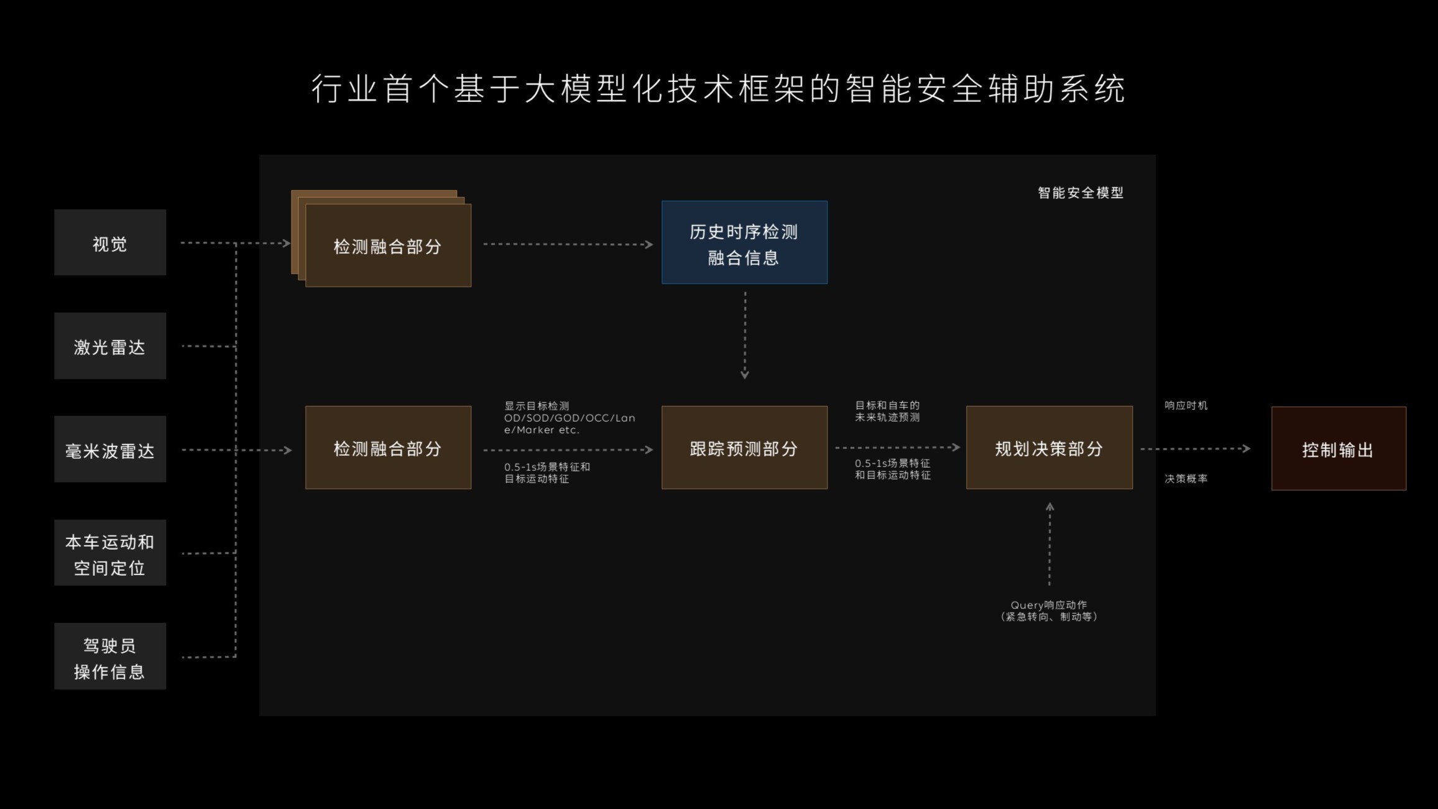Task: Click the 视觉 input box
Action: click(110, 243)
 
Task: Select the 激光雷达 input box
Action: click(110, 346)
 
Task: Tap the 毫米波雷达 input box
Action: click(110, 449)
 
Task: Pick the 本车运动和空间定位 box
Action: click(110, 553)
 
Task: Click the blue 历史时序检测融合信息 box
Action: click(744, 243)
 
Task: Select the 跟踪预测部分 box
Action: click(744, 448)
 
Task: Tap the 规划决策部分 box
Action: click(1049, 448)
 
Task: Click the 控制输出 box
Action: click(1339, 448)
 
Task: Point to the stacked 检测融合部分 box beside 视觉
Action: click(387, 246)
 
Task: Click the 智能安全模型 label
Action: click(1081, 193)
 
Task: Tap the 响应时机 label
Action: click(1186, 405)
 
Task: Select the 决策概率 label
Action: click(1186, 479)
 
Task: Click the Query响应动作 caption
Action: click(1049, 611)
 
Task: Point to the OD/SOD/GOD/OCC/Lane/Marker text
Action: click(569, 423)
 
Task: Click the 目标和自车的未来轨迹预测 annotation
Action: click(887, 411)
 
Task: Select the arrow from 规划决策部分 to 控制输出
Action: click(1195, 448)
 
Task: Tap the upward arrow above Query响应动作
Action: click(1049, 544)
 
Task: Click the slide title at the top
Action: click(719, 88)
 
